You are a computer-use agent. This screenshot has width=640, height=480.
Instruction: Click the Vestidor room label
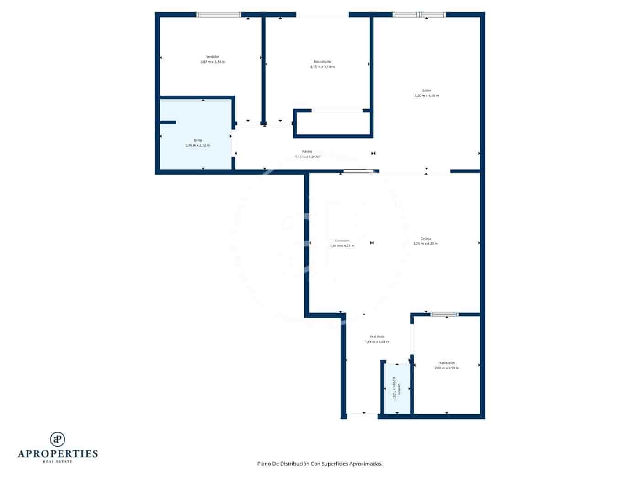[213, 57]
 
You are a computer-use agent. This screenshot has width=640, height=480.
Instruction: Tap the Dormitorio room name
[322, 61]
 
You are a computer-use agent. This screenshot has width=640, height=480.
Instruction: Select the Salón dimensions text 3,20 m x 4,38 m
[426, 96]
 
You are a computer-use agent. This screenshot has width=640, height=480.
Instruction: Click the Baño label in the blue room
[197, 140]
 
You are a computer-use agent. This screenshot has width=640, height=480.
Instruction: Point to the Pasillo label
[307, 151]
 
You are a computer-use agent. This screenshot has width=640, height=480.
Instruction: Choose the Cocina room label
[425, 238]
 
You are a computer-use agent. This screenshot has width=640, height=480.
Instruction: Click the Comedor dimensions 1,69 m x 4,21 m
[342, 246]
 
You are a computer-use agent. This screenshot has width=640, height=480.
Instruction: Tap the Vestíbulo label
[377, 336]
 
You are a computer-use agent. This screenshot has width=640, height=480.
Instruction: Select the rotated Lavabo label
[399, 389]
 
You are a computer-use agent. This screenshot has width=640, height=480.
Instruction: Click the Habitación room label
[447, 363]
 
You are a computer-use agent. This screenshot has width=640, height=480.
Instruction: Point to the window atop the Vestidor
[219, 15]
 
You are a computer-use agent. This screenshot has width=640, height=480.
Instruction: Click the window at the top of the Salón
[419, 15]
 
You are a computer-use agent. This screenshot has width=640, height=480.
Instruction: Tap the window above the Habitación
[444, 315]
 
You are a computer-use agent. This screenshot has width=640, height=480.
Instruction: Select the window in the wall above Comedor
[358, 171]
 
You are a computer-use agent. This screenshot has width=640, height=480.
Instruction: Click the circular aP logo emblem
[57, 439]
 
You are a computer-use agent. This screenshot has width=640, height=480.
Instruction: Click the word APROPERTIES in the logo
[58, 454]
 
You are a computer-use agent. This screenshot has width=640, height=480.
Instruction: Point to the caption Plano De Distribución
[320, 464]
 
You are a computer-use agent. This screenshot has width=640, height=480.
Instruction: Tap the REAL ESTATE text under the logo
[58, 462]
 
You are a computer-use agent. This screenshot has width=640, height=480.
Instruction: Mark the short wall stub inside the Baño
[168, 123]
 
